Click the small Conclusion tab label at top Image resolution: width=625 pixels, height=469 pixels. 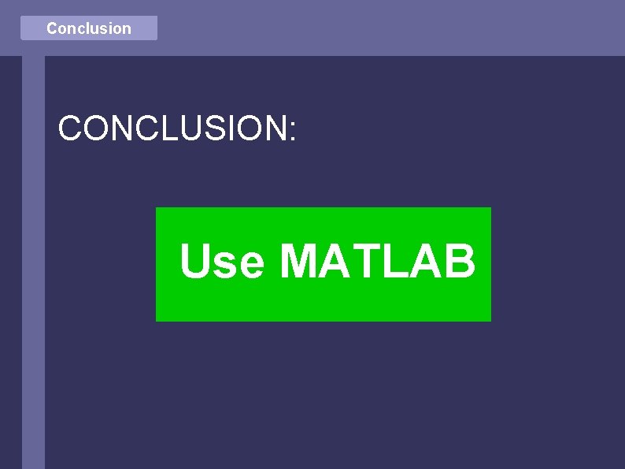[89, 28]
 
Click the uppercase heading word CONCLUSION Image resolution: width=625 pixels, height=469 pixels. [173, 128]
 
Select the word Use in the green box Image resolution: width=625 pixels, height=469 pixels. [222, 262]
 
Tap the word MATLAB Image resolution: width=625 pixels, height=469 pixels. [378, 262]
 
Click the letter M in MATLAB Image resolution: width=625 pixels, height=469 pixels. [299, 262]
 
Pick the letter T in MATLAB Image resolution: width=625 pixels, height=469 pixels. [364, 262]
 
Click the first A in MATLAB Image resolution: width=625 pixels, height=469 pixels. [335, 262]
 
